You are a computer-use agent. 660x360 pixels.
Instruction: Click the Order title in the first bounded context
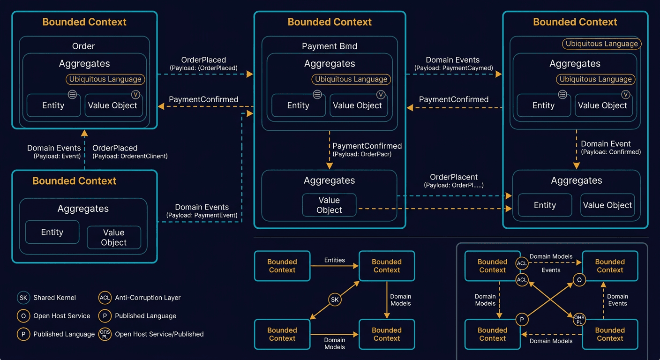tap(83, 46)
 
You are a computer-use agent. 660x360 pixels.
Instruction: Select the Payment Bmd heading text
tap(329, 46)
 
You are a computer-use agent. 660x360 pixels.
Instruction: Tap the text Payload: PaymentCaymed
tap(453, 68)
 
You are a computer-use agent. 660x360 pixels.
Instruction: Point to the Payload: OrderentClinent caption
tap(130, 156)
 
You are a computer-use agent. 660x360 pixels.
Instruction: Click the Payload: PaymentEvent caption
tap(202, 215)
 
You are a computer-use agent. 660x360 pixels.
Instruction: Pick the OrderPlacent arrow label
tap(454, 177)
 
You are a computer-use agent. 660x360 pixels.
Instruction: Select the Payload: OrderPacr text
tap(362, 154)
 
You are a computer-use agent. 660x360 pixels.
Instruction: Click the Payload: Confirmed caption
tap(611, 152)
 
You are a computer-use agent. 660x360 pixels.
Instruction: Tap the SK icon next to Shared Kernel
tap(23, 298)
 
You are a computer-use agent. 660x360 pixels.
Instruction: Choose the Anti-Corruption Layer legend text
tap(147, 298)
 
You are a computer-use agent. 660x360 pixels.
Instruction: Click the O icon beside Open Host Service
tap(23, 316)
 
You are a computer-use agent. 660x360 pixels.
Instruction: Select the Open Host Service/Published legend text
tap(159, 334)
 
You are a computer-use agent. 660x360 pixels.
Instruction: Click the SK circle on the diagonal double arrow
tap(334, 300)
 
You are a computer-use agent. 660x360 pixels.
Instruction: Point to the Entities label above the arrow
tap(334, 260)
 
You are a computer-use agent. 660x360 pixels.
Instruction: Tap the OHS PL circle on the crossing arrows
tap(579, 320)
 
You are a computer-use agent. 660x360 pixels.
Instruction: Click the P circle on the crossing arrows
tap(522, 320)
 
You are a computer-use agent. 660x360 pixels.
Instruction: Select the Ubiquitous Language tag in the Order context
tap(105, 79)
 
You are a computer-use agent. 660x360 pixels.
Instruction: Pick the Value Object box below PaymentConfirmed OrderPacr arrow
tap(329, 205)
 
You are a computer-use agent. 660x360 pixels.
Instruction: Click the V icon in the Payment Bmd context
tap(381, 95)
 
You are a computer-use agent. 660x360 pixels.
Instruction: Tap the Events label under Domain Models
tap(551, 270)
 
